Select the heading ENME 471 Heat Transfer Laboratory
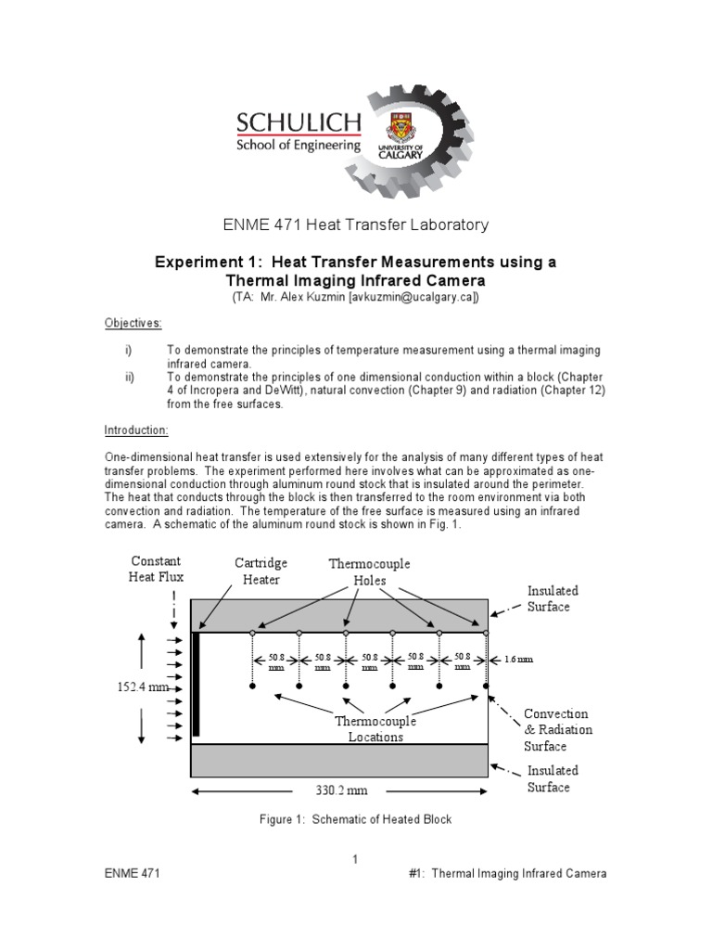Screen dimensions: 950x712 pos(356,225)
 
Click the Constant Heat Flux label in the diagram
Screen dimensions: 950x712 pos(157,569)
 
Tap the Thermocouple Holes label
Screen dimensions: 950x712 pos(369,571)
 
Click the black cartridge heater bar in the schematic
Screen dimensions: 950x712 pos(196,685)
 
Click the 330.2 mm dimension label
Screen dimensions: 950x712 pos(337,790)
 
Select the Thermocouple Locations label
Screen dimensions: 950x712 pos(376,729)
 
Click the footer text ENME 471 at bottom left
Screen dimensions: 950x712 pos(131,874)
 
